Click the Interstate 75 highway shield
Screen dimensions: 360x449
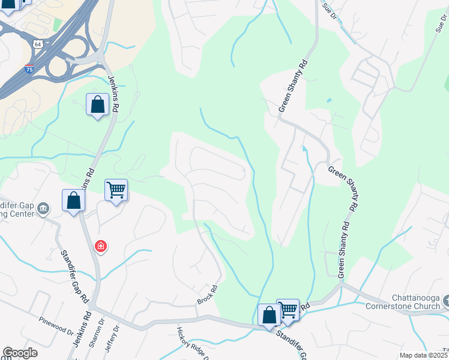point(29,69)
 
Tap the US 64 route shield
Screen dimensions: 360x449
point(38,44)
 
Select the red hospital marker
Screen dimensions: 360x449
point(101,247)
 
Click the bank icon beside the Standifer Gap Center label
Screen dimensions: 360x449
point(43,209)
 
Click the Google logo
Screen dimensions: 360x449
point(20,353)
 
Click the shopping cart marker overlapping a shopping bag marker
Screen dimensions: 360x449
point(289,310)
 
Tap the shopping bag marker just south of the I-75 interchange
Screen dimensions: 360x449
point(97,104)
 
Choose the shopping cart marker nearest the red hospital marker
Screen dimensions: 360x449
point(116,190)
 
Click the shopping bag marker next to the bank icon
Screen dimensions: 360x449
point(73,200)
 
